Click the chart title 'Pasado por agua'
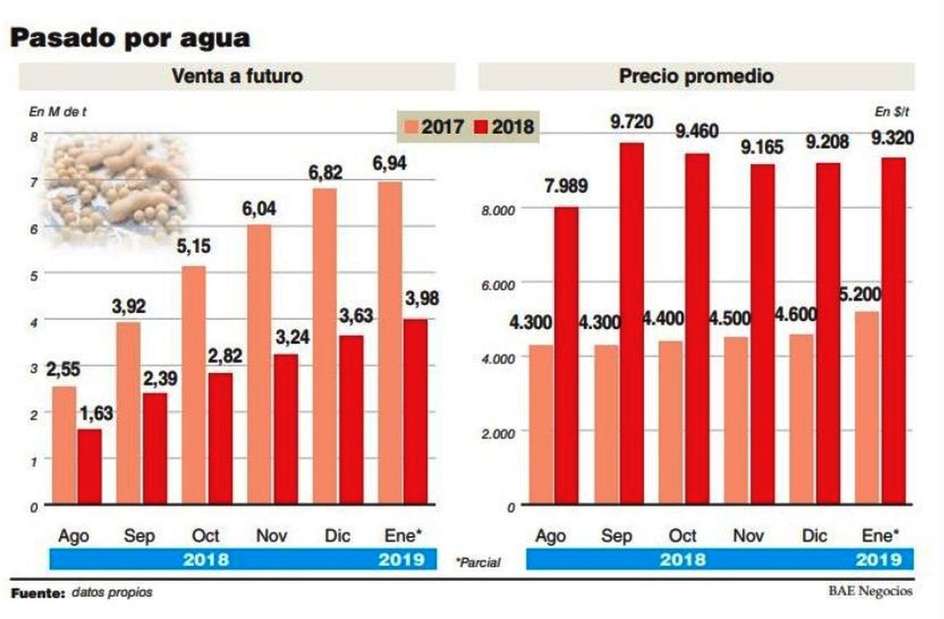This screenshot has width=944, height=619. point(130,38)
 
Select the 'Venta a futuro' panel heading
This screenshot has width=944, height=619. point(237,76)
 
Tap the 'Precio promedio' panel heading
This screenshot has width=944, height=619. point(696,76)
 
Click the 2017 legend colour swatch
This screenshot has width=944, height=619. point(412,127)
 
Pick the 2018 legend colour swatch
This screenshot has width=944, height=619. point(481,127)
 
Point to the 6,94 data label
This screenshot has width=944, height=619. point(389,163)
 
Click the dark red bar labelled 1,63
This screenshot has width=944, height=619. point(90,467)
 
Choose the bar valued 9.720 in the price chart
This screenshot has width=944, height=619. point(631,324)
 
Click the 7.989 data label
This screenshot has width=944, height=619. point(566,186)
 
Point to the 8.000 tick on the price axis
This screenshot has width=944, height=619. point(498,210)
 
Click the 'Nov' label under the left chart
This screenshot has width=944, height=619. point(271,535)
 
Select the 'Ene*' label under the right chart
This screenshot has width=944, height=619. point(880,535)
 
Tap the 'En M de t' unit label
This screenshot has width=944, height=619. point(57,112)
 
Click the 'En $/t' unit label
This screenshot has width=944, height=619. point(891,112)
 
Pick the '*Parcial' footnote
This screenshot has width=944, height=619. point(478,563)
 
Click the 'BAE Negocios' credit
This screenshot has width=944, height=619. point(870,591)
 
